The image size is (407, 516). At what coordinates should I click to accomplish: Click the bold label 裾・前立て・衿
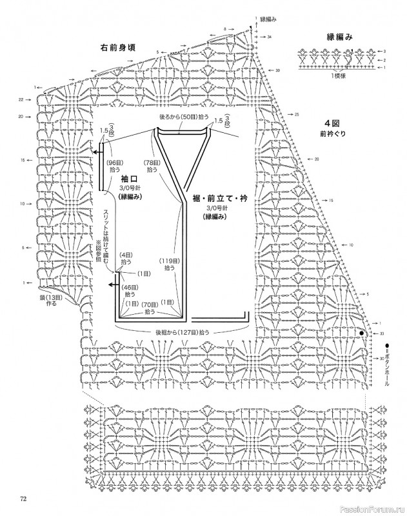[x=215, y=199]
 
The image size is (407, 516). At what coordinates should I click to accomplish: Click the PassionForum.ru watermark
[x=375, y=507]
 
